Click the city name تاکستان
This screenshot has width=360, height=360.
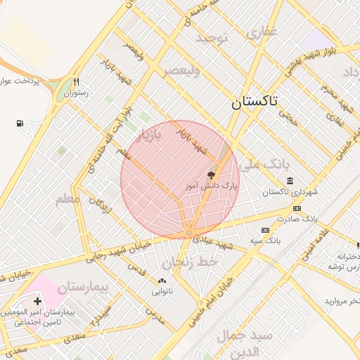pos(255,102)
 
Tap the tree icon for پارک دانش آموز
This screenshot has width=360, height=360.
pos(210,175)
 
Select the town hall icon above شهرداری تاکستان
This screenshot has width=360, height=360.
pos(290,181)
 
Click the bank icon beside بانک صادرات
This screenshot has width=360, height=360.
pos(297,208)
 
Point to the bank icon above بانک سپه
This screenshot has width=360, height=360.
pos(265,230)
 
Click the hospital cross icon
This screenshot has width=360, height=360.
pos(37,301)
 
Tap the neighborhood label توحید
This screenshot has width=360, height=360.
pos(212,37)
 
